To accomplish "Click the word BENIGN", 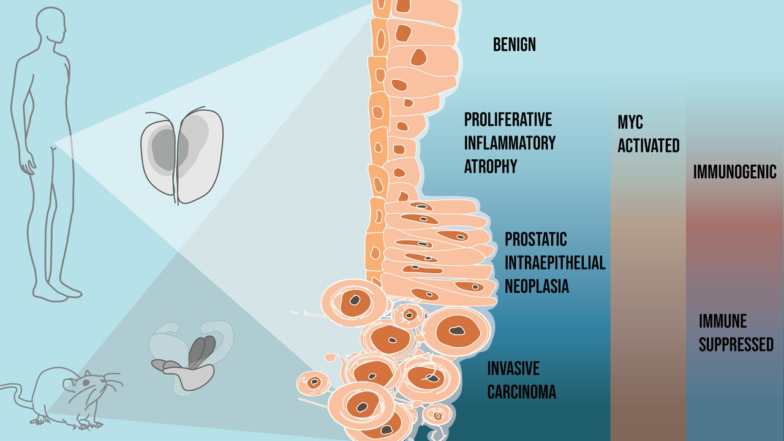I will [514, 45].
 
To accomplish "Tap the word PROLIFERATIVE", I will [508, 119].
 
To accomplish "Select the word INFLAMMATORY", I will [510, 143].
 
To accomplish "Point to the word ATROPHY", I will [491, 167].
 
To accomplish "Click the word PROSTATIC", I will [535, 239].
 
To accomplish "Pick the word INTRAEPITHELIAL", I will [555, 263].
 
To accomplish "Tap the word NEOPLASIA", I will [537, 286].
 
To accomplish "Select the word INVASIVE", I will [513, 369].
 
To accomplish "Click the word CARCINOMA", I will [522, 392].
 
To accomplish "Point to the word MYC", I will [630, 122].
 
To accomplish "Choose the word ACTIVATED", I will [649, 146].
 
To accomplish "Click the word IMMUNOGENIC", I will [735, 172].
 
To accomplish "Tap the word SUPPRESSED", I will [736, 345].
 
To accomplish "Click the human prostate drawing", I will [182, 157].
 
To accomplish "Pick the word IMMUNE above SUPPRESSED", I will [723, 321].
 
